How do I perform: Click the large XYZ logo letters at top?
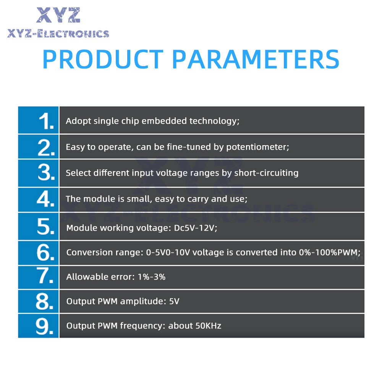[x=58, y=15]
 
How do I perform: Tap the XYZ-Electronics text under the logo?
[x=58, y=34]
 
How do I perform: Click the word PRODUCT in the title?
[x=103, y=59]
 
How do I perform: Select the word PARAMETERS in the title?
[x=256, y=59]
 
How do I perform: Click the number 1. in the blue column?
[x=46, y=121]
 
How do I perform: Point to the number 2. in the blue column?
[x=46, y=147]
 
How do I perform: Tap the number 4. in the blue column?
[x=45, y=199]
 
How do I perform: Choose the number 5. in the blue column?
[x=45, y=226]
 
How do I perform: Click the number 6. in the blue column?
[x=45, y=252]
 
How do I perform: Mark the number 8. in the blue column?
[x=45, y=301]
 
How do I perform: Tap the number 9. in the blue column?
[x=45, y=326]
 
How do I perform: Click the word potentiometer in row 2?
[x=257, y=147]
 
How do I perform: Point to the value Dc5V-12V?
[x=195, y=228]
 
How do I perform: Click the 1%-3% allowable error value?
[x=152, y=277]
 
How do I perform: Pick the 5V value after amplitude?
[x=174, y=301]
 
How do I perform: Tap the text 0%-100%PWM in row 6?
[x=330, y=253]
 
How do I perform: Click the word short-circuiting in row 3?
[x=266, y=173]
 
